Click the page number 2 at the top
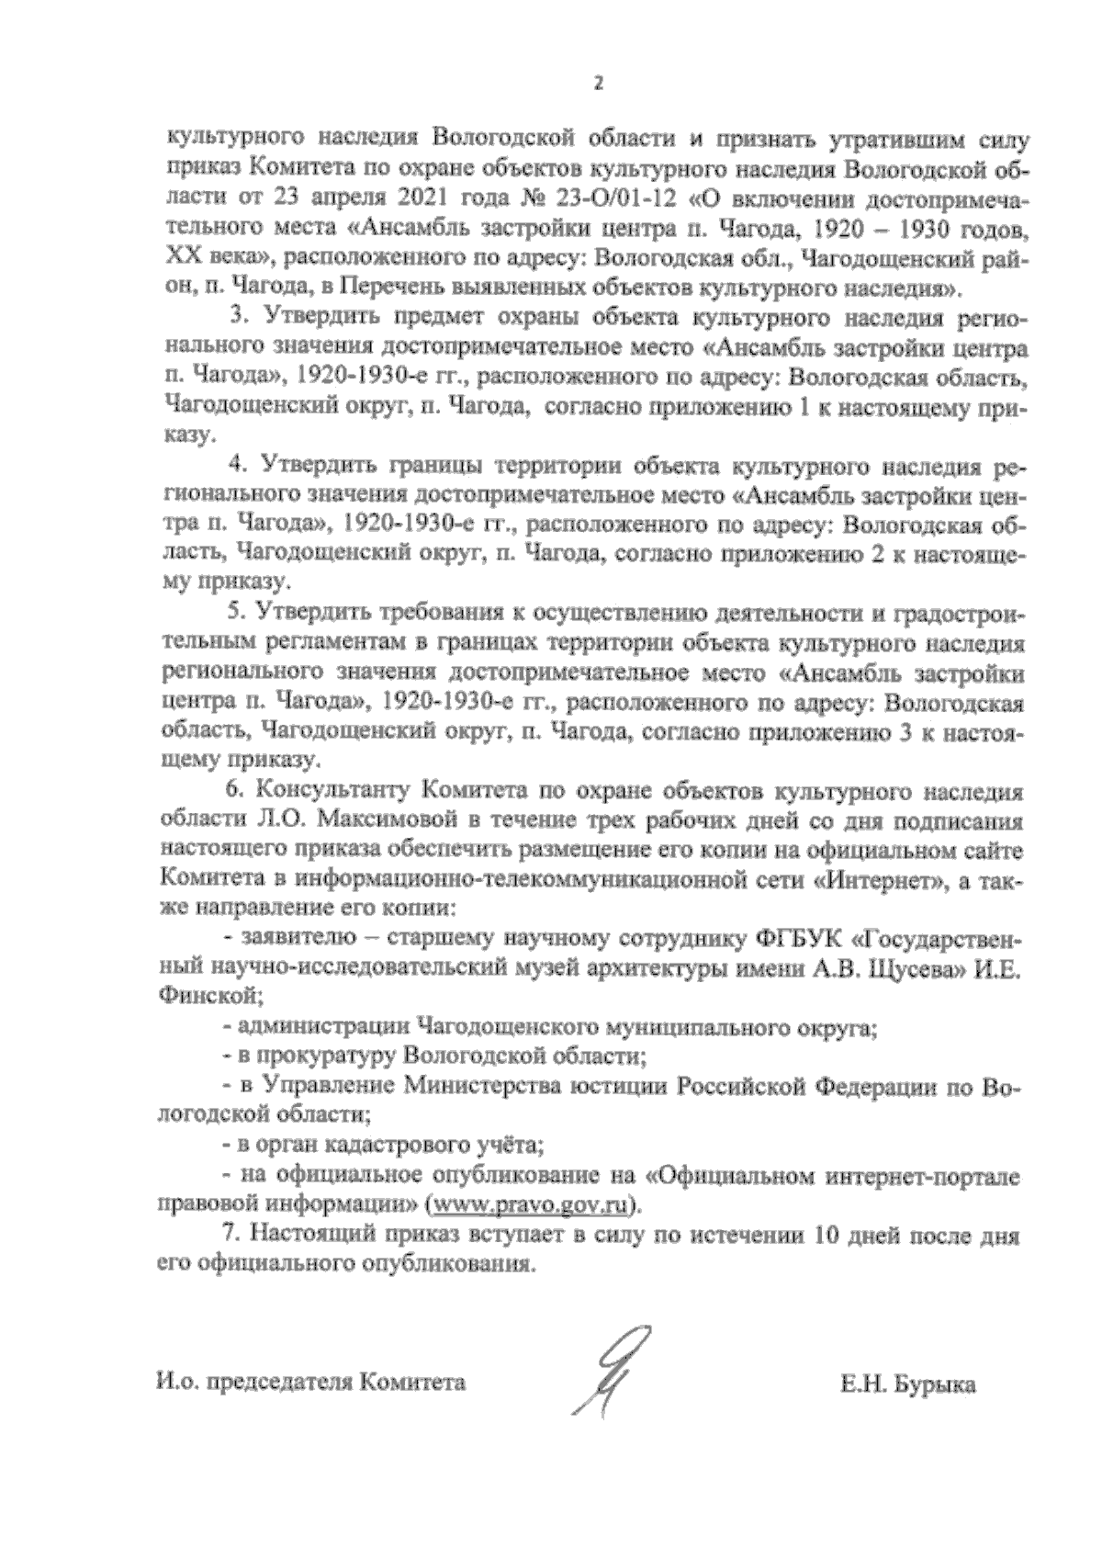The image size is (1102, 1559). (x=598, y=84)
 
